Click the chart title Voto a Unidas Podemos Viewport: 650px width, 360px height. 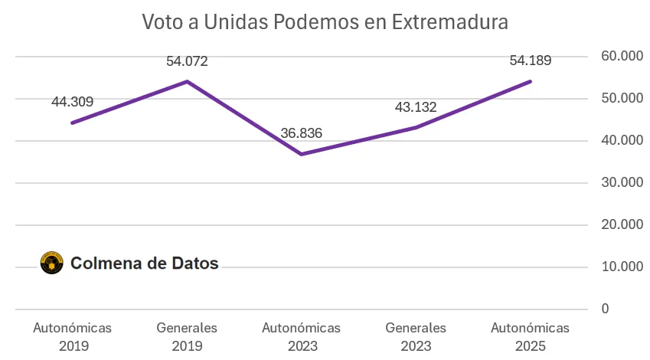[x=325, y=21]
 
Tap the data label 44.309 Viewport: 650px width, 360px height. [x=72, y=101]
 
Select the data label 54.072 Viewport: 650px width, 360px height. [x=187, y=61]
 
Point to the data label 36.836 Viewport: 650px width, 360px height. [x=301, y=133]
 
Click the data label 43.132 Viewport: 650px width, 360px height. [x=416, y=107]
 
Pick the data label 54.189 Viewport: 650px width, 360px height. [x=531, y=61]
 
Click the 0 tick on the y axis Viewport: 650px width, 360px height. [x=605, y=309]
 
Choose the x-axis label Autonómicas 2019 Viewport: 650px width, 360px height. [x=72, y=336]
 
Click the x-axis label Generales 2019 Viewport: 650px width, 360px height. [x=187, y=336]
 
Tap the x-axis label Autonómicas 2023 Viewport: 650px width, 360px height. [x=301, y=336]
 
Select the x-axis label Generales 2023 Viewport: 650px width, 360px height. [x=416, y=336]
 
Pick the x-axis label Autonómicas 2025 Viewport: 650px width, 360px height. [x=531, y=336]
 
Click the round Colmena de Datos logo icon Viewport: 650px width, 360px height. [x=51, y=263]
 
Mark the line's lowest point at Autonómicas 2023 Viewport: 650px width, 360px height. [x=302, y=154]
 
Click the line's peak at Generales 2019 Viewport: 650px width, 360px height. [x=187, y=81]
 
